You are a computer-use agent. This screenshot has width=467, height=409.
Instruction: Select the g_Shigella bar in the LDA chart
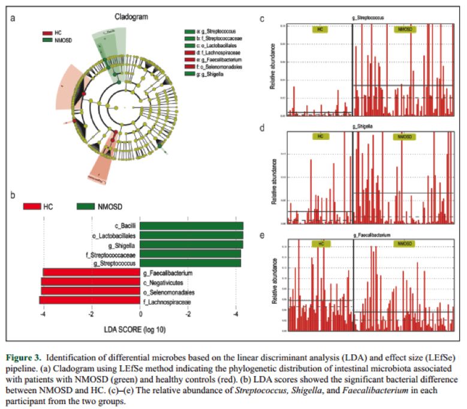[x=192, y=244]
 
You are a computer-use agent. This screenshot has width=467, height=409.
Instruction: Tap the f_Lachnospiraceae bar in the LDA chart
[x=89, y=300]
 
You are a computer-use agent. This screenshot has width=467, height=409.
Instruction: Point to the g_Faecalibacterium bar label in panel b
[x=167, y=273]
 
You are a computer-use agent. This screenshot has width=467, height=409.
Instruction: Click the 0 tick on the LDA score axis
[x=140, y=314]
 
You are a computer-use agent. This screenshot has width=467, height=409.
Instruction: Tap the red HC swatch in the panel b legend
[x=32, y=206]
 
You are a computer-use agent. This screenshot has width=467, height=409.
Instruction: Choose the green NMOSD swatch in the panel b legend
[x=87, y=206]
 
